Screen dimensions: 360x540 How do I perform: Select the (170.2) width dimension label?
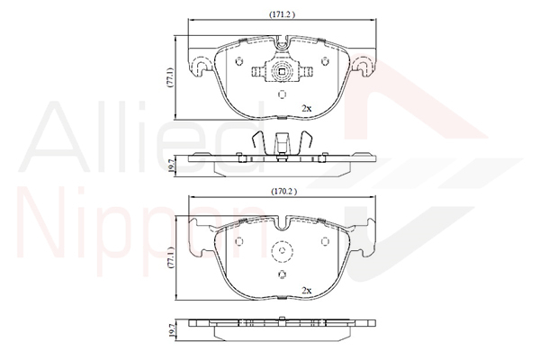tap(284, 192)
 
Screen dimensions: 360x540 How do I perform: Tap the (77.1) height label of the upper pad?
tap(169, 77)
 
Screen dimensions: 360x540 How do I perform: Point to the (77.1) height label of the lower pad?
tap(169, 258)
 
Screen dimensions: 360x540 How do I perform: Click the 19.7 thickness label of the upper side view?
tap(169, 163)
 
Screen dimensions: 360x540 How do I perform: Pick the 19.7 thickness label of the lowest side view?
tap(169, 330)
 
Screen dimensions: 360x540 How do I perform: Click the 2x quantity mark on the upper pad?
tap(306, 108)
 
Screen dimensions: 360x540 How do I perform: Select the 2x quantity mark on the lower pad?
tap(306, 290)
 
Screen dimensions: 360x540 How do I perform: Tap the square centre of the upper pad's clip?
tap(282, 73)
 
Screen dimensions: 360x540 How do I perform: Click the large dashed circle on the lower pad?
tap(283, 253)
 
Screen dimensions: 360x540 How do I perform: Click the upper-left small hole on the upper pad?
tap(238, 61)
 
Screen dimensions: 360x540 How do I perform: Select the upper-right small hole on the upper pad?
tap(326, 61)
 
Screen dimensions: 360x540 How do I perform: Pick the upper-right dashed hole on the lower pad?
tap(326, 241)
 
